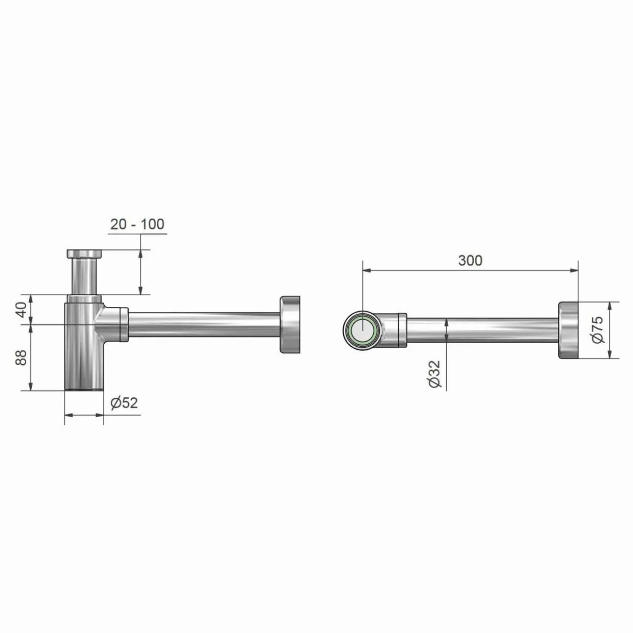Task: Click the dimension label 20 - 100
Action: (x=137, y=224)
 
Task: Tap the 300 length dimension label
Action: (x=470, y=260)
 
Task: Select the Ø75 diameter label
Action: (x=598, y=329)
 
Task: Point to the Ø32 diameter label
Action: (x=434, y=374)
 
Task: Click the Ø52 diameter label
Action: (x=124, y=403)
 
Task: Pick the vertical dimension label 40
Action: (x=21, y=309)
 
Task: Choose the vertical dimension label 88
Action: (x=21, y=357)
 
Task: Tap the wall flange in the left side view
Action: (x=290, y=325)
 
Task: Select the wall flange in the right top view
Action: (x=569, y=329)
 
